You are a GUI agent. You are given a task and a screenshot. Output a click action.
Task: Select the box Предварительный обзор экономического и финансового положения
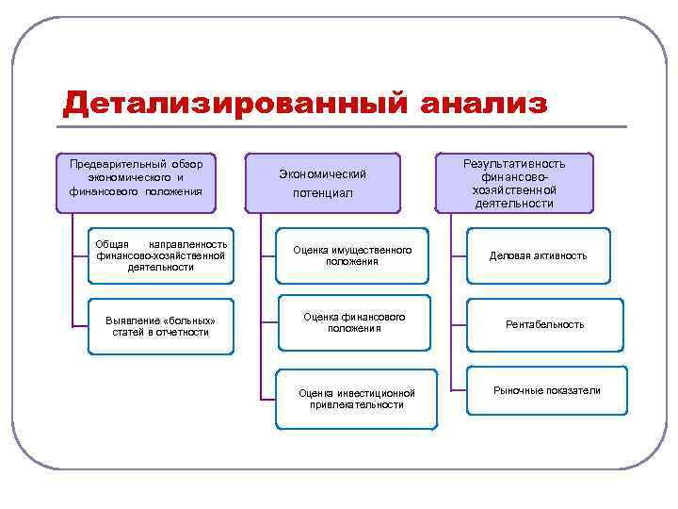pyautogui.click(x=136, y=177)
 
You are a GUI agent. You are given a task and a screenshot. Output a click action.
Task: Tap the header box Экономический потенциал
pyautogui.click(x=322, y=183)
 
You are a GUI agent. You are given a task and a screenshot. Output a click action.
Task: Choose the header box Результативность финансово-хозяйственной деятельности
pyautogui.click(x=514, y=183)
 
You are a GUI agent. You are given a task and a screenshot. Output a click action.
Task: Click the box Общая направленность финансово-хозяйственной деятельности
pyautogui.click(x=160, y=255)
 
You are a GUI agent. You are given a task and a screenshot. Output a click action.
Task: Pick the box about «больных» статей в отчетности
pyautogui.click(x=160, y=326)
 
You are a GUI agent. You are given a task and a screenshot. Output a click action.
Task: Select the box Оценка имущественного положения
pyautogui.click(x=352, y=255)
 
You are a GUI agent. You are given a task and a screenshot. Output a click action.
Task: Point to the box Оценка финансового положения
pyautogui.click(x=354, y=322)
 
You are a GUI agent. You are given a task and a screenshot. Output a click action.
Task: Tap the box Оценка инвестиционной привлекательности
pyautogui.click(x=356, y=399)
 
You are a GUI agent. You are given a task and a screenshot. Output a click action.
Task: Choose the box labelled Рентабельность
pyautogui.click(x=544, y=324)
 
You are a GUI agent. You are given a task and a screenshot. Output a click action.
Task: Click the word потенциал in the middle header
pyautogui.click(x=322, y=192)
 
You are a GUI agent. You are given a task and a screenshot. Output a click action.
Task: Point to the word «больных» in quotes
pyautogui.click(x=182, y=320)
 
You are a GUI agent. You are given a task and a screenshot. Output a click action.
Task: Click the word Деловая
pyautogui.click(x=512, y=255)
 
